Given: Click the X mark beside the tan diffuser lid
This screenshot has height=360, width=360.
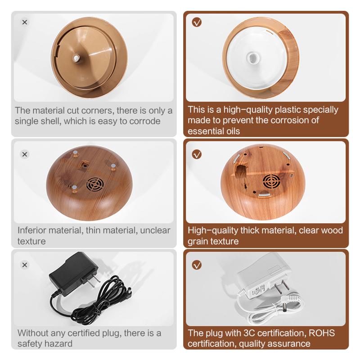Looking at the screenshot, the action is click(x=25, y=22).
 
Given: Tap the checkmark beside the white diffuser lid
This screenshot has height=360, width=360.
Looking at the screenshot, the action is click(x=197, y=22).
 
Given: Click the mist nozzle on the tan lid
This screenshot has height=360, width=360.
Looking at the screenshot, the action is click(x=76, y=58).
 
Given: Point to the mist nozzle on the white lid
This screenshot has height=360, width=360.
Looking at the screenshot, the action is click(x=253, y=57).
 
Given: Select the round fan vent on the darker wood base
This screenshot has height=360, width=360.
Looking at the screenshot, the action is click(x=95, y=184).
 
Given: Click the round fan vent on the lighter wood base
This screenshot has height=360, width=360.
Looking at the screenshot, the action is click(x=271, y=181).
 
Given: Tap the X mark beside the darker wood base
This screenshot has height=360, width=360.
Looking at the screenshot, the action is click(x=25, y=154).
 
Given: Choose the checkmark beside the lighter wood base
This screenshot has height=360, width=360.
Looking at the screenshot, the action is click(x=197, y=154).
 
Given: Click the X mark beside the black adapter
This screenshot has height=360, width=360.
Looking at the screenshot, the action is click(x=25, y=265).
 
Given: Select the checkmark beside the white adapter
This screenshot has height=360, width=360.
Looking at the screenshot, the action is click(x=197, y=265).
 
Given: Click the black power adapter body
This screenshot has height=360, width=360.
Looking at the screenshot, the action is click(x=73, y=273).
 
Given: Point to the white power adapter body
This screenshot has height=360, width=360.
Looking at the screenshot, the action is click(x=264, y=275).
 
